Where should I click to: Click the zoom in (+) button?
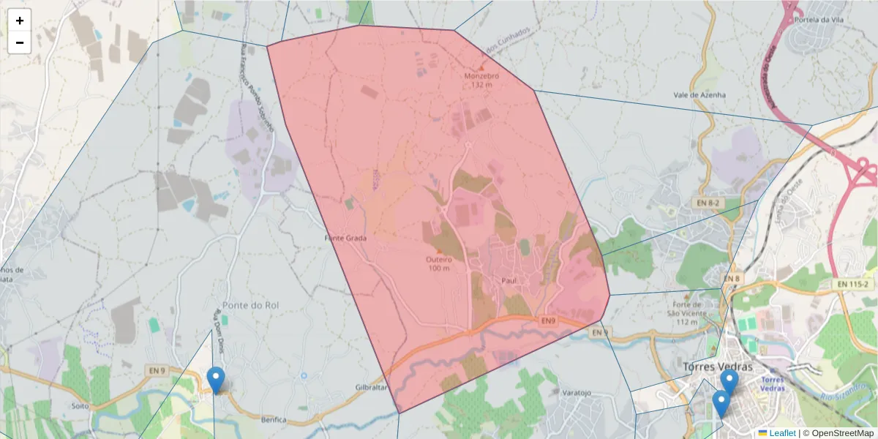click(20, 20)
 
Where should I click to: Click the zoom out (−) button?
click(20, 42)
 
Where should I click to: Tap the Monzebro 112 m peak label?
click(481, 79)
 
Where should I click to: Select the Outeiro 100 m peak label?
click(439, 263)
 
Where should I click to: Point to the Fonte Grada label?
click(345, 238)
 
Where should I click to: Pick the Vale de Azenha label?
click(700, 95)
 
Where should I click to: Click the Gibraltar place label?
click(370, 387)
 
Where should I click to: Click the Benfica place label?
click(274, 420)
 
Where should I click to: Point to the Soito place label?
click(80, 405)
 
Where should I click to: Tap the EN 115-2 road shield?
click(851, 283)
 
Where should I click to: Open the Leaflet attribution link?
click(781, 433)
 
